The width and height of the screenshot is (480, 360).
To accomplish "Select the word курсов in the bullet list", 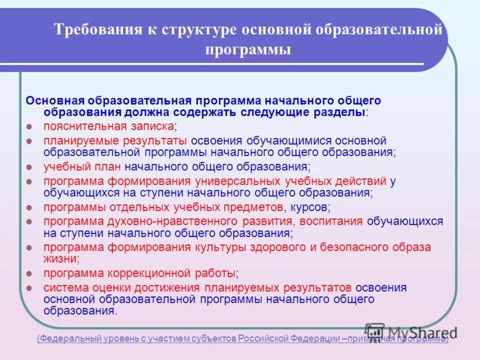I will (310, 207).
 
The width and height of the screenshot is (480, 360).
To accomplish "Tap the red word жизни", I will (60, 259).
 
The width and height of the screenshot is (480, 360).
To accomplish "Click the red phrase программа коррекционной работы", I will (139, 273).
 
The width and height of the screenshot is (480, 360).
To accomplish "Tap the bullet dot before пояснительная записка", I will (29, 127).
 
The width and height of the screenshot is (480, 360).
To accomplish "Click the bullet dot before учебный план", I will (29, 167).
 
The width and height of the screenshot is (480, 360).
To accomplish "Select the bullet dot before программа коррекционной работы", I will (29, 274).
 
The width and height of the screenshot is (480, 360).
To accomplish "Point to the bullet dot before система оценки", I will (29, 287).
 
